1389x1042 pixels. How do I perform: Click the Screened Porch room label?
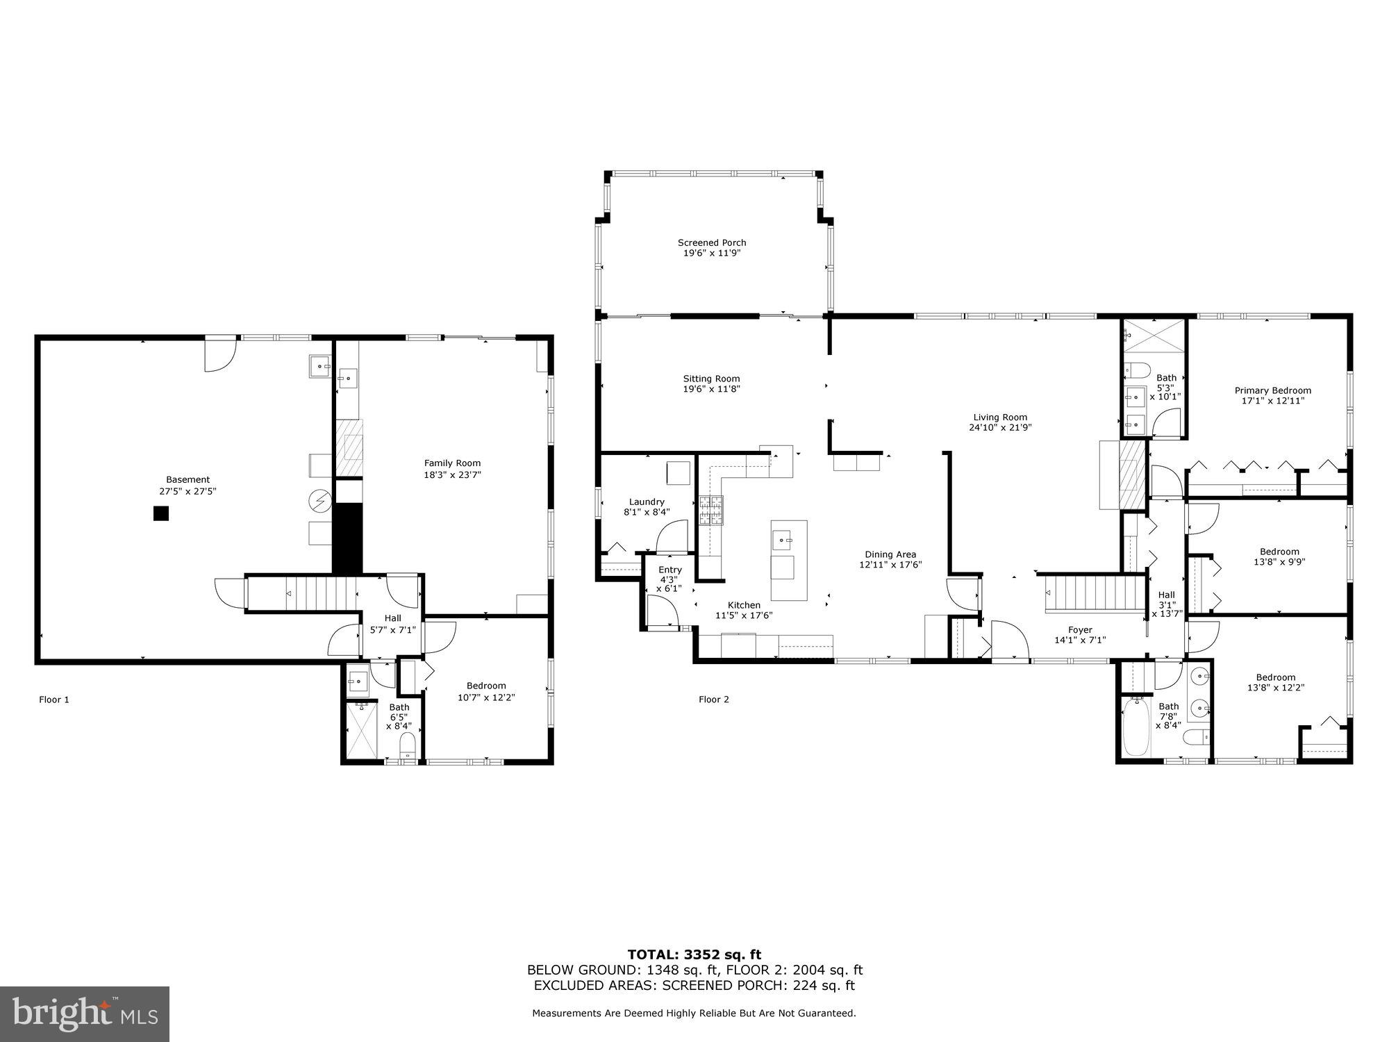[x=712, y=243]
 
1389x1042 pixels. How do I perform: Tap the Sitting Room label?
[x=711, y=379]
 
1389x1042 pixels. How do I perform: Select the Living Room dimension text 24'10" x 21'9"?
[x=1000, y=428]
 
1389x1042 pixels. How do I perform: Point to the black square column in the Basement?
[x=161, y=513]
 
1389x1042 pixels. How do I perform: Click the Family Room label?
[x=452, y=463]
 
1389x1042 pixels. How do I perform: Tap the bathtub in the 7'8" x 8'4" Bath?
[x=1136, y=727]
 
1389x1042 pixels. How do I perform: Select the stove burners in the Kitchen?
[x=710, y=510]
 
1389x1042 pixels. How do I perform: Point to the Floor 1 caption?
[x=54, y=700]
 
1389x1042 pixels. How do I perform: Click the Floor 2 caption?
[x=714, y=700]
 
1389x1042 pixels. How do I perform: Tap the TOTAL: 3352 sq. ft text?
[x=694, y=954]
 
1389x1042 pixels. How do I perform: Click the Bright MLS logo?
[x=85, y=1014]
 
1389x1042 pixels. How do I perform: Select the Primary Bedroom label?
[x=1272, y=390]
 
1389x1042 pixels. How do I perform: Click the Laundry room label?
[x=647, y=502]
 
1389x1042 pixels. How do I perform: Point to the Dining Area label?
[x=890, y=554]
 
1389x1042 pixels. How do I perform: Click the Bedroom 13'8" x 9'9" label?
[x=1279, y=552]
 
